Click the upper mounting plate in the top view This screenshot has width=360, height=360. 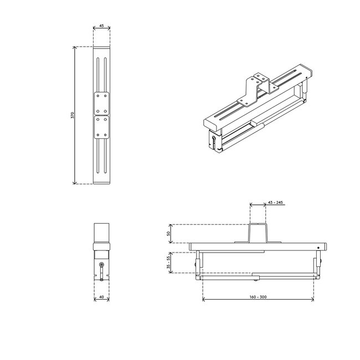coord(102,102)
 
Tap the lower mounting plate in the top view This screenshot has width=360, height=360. coord(102,127)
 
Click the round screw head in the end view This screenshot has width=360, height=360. coord(102,265)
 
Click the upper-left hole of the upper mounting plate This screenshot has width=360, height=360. coord(97,96)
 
